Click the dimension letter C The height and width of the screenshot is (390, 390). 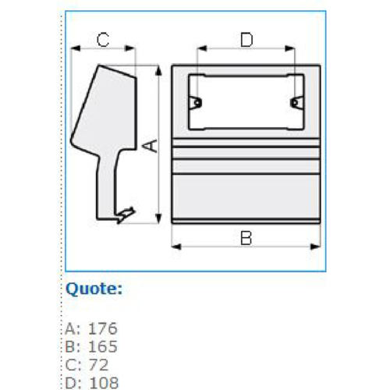point(103,40)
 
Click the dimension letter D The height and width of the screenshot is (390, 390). point(246,40)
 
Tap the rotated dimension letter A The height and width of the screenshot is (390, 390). point(151,146)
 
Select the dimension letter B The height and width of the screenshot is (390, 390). point(246,238)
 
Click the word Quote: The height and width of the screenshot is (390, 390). point(94,289)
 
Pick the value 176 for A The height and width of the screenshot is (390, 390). point(103,328)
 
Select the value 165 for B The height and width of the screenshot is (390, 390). point(103,346)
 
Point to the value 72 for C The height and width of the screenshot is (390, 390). point(98,364)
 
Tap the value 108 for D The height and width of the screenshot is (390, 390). point(104,383)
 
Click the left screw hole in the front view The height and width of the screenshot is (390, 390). point(197,103)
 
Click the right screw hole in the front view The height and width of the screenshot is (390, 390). point(294,103)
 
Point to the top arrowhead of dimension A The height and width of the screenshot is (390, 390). point(158,71)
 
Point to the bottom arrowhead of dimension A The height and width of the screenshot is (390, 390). point(158,218)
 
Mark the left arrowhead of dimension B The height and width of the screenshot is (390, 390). point(176,246)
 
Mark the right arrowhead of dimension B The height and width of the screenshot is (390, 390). point(316,246)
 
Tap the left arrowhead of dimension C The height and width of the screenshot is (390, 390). point(76,48)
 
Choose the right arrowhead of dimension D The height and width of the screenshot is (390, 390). point(290,48)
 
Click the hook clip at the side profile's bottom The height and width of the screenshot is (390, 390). point(126,214)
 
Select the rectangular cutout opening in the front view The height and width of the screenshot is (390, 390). point(246,102)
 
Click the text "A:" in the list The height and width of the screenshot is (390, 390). point(73,328)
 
